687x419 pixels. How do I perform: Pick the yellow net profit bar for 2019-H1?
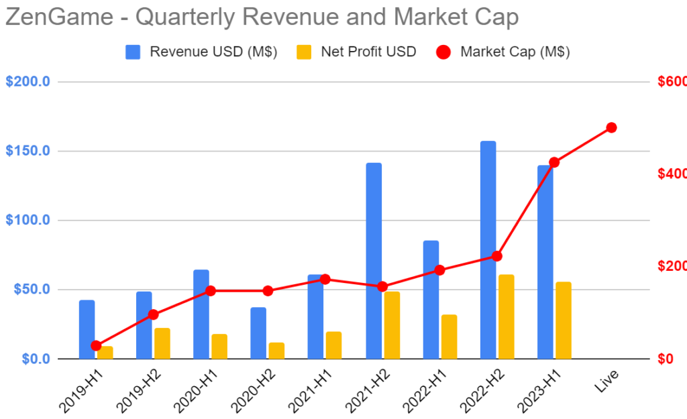pos(105,353)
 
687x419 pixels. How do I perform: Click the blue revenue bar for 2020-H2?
pos(258,333)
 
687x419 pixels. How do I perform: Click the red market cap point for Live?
pos(611,127)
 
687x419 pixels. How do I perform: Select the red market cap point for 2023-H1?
pos(554,162)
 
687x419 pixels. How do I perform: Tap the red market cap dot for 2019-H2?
pos(153,314)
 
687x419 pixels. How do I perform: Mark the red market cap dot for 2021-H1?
pos(325,279)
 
